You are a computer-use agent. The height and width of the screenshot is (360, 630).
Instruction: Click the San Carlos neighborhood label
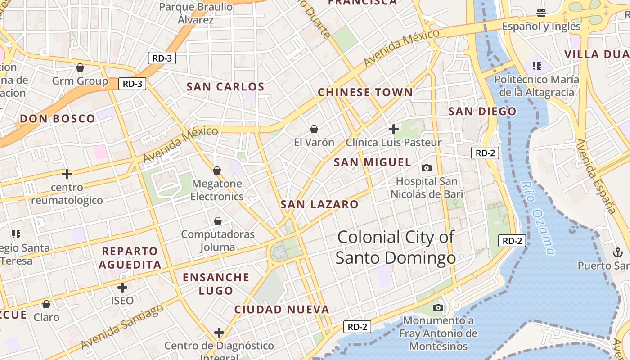click(225, 87)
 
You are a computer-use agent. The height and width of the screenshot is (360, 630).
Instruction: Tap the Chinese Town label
click(365, 93)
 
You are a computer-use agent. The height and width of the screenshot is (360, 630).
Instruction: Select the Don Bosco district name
click(58, 119)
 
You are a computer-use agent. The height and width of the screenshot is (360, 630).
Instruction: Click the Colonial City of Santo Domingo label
click(396, 247)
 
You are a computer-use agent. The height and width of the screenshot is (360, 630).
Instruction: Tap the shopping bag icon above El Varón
click(314, 130)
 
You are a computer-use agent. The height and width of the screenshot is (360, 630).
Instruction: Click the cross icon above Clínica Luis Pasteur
click(394, 129)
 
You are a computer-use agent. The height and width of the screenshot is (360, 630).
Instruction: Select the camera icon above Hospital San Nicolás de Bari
click(426, 168)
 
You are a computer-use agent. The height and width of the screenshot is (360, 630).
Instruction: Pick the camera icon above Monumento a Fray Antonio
click(438, 308)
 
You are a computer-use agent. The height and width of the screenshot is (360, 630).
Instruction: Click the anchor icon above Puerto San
click(617, 252)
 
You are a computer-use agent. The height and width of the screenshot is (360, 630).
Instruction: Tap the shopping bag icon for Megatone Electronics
click(217, 171)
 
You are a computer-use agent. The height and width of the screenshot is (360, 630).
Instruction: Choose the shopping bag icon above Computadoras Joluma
click(218, 221)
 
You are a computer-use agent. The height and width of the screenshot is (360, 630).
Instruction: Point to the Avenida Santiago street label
click(122, 326)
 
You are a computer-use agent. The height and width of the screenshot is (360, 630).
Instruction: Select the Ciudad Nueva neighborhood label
click(282, 310)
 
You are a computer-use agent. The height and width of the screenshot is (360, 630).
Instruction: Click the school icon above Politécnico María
click(536, 67)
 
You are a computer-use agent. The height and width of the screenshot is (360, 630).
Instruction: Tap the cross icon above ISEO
click(122, 287)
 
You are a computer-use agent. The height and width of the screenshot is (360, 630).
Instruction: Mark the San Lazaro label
click(319, 205)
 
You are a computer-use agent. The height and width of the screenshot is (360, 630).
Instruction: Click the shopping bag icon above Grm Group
click(80, 68)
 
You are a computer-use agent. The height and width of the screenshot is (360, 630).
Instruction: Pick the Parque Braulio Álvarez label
click(196, 13)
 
